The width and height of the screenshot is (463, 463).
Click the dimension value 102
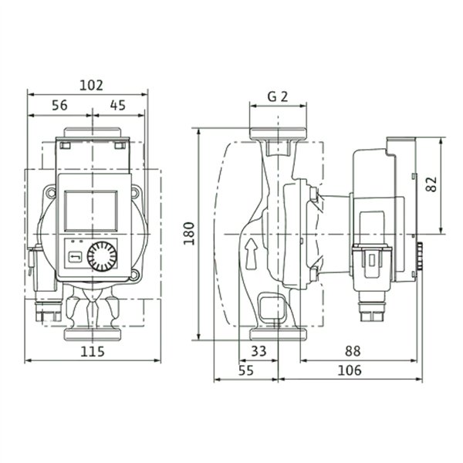(x=92, y=86)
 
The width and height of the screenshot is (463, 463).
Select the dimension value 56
(x=59, y=105)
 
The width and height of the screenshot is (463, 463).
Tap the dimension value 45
(x=118, y=105)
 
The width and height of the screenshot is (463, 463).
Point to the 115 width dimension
(x=93, y=351)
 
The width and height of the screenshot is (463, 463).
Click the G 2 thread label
(x=278, y=96)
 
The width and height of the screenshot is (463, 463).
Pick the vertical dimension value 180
(x=189, y=234)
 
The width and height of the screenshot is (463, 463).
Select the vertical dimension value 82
(x=431, y=184)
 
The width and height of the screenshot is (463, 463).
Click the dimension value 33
(x=259, y=351)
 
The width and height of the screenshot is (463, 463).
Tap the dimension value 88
(x=353, y=351)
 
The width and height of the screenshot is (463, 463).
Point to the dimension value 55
(x=246, y=370)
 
